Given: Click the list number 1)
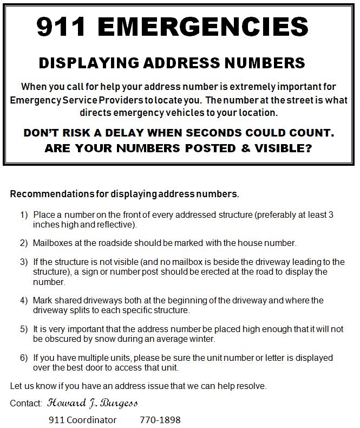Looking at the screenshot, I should point(24,215).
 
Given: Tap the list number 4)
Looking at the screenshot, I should point(24,300).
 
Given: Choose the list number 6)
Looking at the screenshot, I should point(24,358).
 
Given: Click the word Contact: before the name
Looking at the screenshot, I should point(26,404).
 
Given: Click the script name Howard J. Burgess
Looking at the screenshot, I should point(92,403).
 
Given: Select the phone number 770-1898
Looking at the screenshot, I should point(160,420).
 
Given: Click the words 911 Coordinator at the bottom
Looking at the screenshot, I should point(82,420).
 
